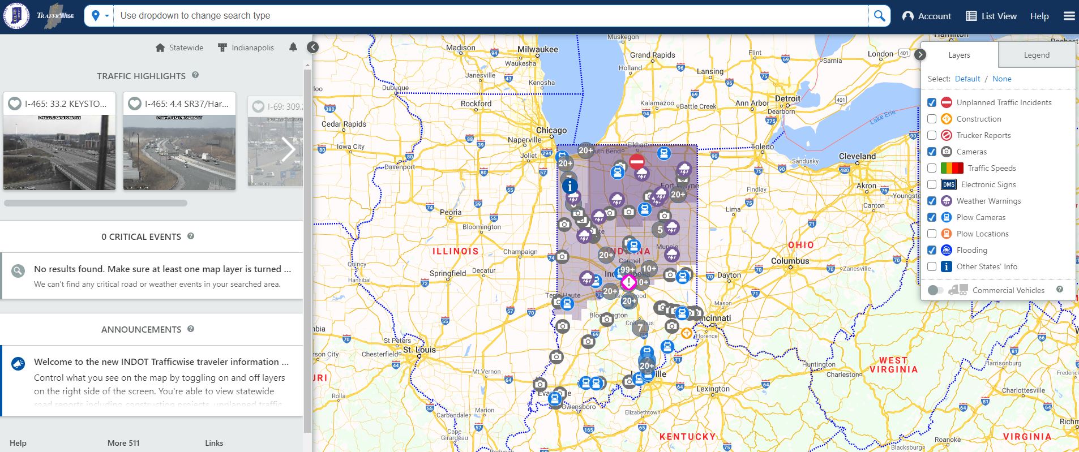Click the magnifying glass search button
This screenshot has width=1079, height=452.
879,16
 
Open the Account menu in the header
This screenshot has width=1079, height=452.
927,16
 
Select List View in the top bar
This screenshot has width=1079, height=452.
991,16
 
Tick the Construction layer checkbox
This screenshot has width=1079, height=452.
932,119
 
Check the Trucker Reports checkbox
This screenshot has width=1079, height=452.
932,135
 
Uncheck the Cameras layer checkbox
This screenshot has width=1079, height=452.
932,152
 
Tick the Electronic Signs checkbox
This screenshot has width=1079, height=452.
932,184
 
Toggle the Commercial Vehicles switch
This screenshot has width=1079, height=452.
936,290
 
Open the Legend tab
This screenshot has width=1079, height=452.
1036,55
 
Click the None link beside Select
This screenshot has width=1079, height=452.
1001,79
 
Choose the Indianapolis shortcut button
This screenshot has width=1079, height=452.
246,48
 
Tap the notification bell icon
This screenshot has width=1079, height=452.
293,47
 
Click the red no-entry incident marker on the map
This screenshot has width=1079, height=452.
637,162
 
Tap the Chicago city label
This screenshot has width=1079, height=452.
551,130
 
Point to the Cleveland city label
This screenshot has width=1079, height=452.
857,156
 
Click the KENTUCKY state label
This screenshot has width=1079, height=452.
687,437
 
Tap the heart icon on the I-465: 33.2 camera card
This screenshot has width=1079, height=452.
15,104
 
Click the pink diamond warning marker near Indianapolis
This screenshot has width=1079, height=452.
628,282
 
